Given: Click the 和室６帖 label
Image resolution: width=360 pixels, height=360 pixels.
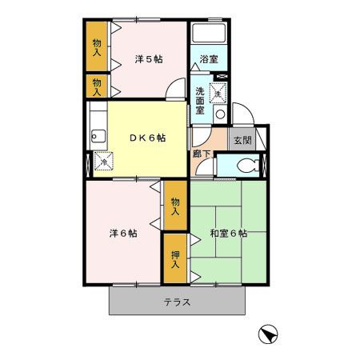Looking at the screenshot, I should [x=229, y=234].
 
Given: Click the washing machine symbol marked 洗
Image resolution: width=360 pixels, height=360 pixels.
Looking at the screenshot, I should [x=217, y=94].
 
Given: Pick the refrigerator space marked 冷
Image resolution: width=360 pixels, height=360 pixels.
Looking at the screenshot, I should [x=103, y=162].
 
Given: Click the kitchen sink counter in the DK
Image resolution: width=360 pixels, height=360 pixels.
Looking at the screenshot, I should [x=95, y=133].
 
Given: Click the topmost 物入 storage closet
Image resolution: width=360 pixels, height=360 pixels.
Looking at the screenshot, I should [x=97, y=47].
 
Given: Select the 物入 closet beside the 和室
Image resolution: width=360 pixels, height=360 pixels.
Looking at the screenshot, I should [x=176, y=206].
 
